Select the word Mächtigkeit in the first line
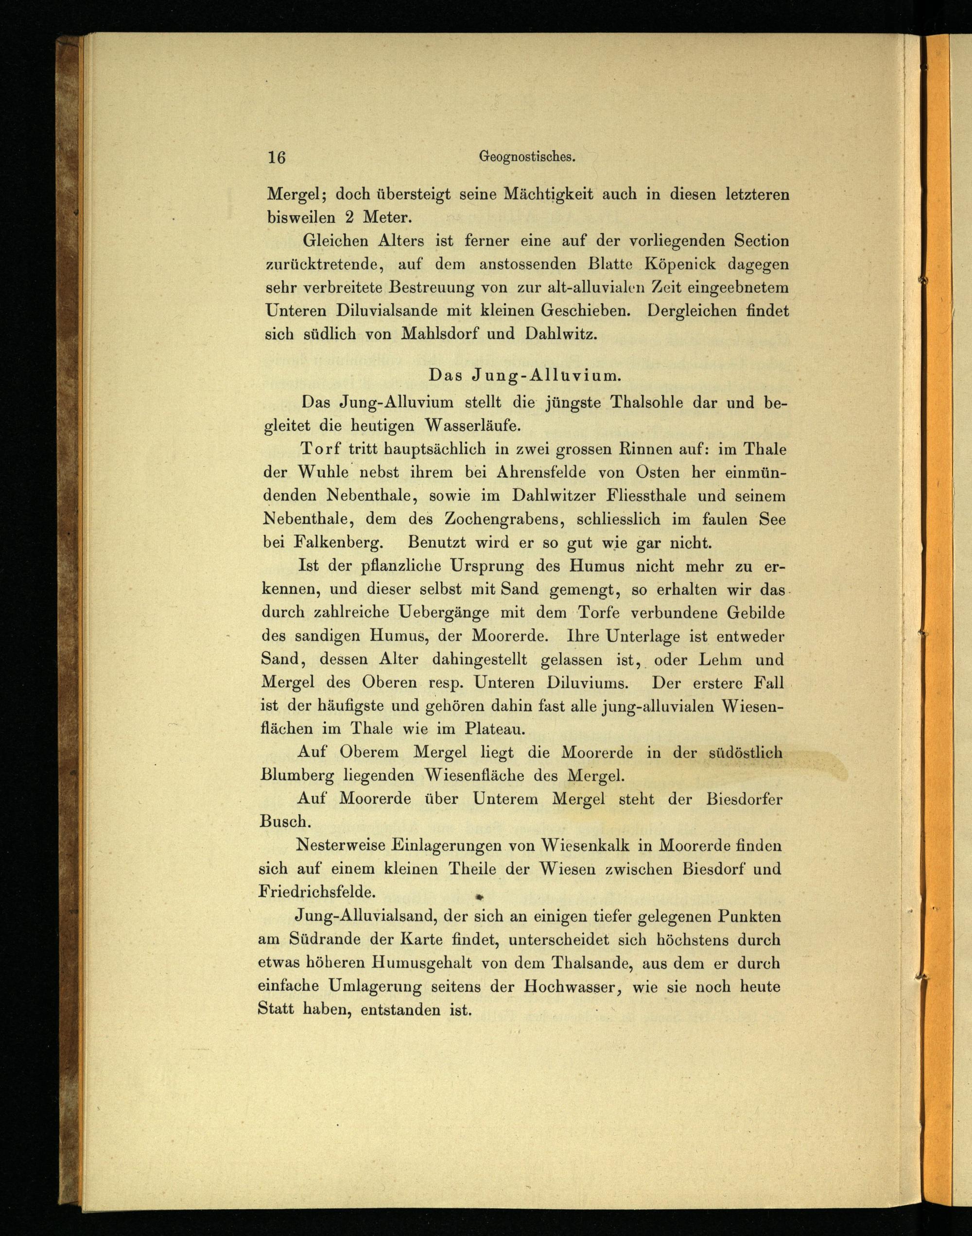pyautogui.click(x=547, y=194)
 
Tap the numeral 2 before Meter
pyautogui.click(x=350, y=217)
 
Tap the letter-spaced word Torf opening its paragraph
pyautogui.click(x=321, y=449)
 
